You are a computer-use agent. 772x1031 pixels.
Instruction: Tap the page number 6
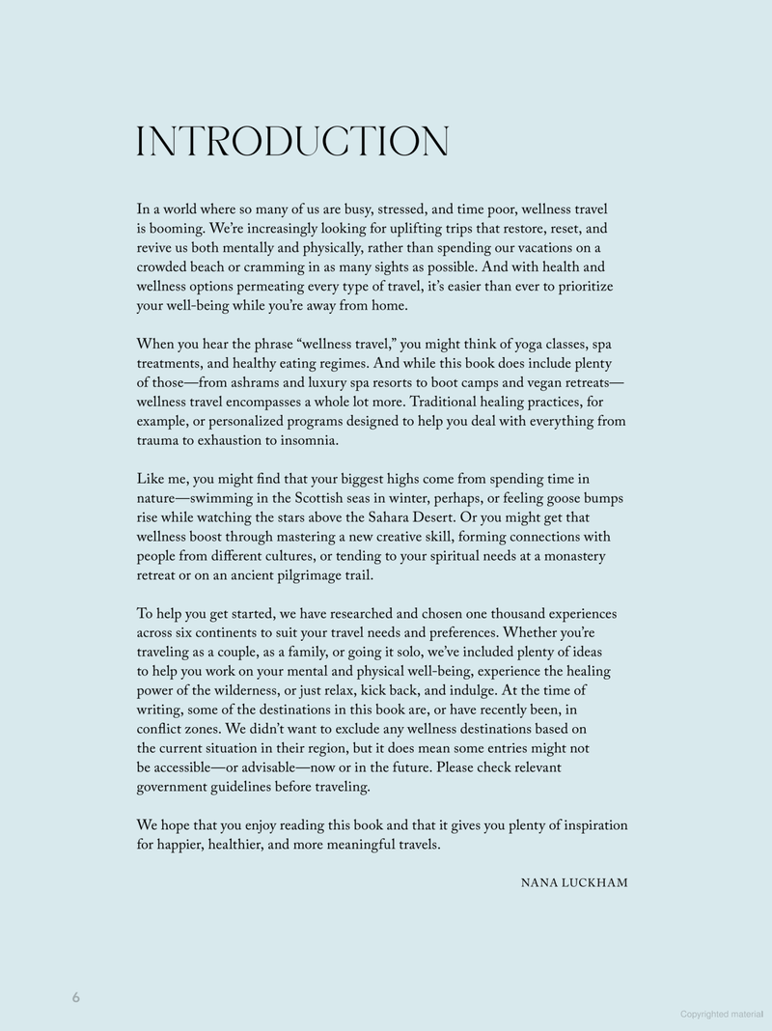click(75, 998)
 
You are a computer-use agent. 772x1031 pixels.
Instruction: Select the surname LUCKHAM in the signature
click(593, 882)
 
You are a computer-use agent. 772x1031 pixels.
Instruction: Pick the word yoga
click(522, 345)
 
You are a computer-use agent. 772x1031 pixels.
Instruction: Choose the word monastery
click(569, 557)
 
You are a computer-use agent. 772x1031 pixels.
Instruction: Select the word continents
click(222, 634)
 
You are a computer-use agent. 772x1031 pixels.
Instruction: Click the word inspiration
click(591, 826)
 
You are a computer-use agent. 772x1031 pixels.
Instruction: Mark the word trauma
click(160, 441)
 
